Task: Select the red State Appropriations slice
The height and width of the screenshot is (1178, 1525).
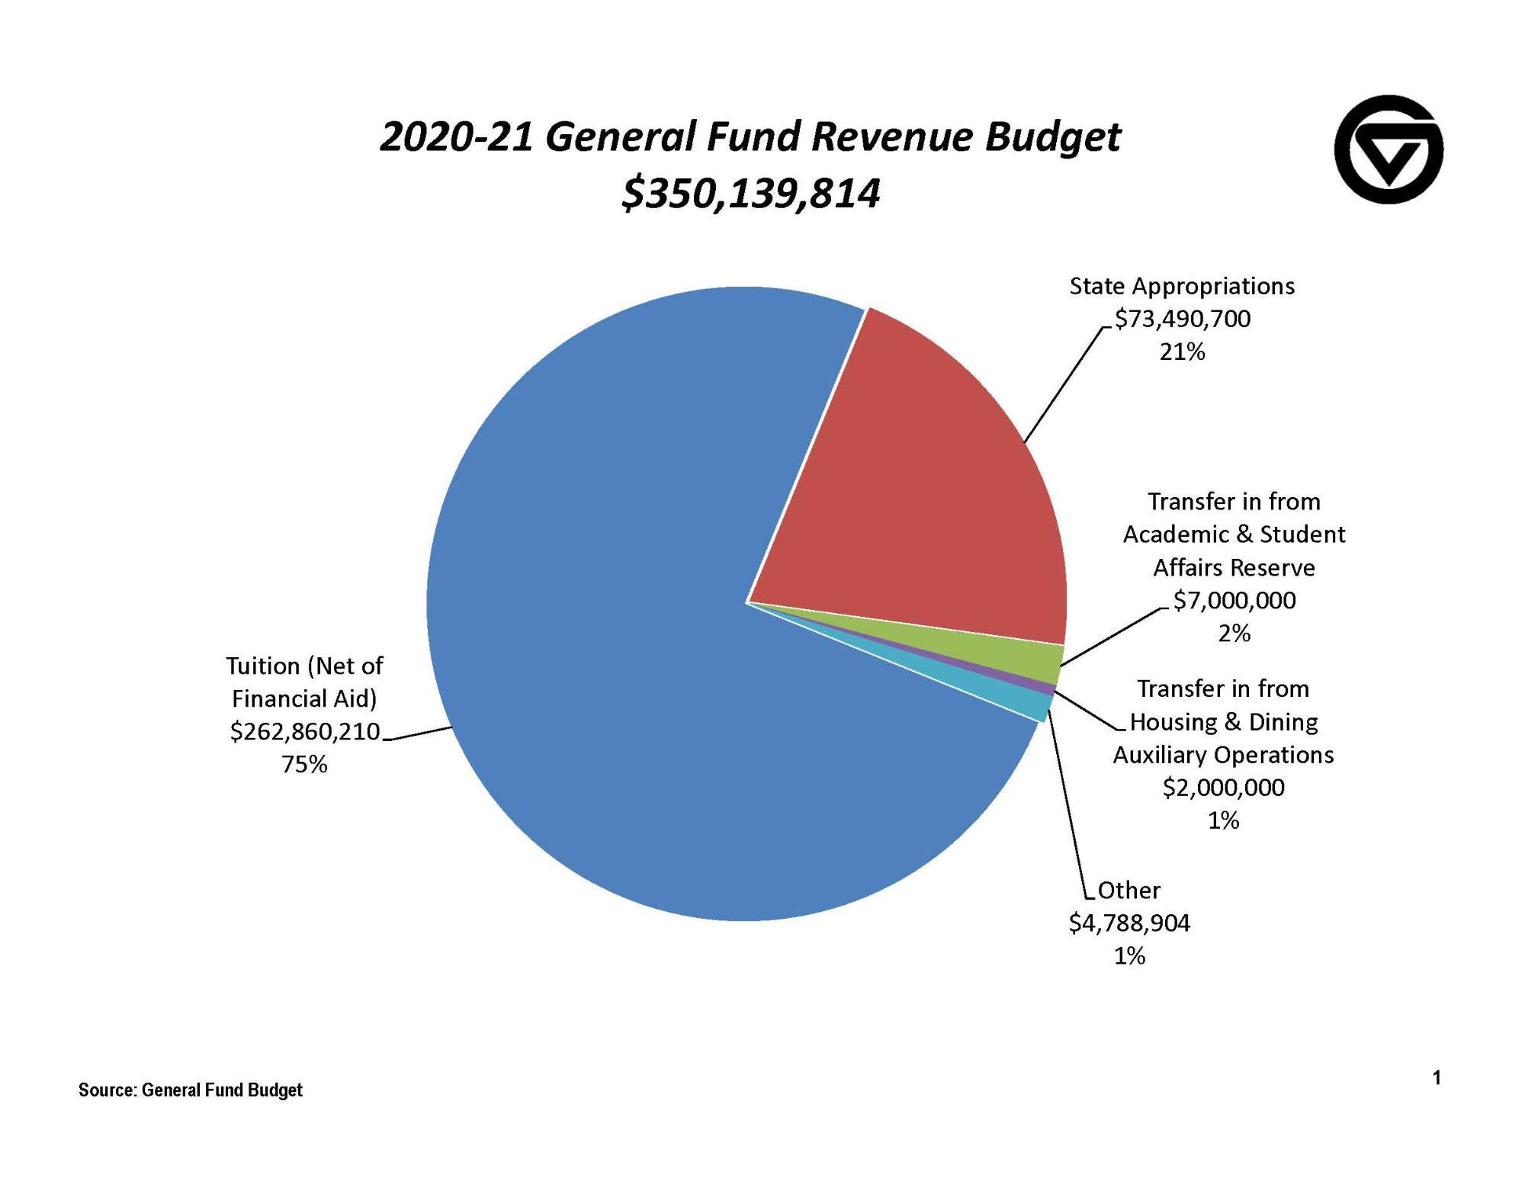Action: coord(915,496)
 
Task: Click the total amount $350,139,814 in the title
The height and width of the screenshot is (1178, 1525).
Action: coord(751,193)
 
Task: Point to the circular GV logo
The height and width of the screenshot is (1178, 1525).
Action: coord(1389,149)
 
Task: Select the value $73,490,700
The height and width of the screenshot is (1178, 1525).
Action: coord(1183,319)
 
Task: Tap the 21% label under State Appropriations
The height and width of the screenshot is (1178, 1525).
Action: coord(1182,351)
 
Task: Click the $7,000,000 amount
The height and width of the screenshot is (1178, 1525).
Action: coord(1234,601)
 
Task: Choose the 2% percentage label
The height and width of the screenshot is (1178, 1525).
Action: coord(1234,634)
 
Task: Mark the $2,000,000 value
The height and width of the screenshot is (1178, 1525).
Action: coord(1223,788)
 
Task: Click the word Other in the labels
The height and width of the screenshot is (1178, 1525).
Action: coord(1128,891)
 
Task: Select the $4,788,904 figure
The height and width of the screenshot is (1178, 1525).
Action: coord(1129,923)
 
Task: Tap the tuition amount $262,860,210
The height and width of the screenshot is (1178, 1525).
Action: coord(305,732)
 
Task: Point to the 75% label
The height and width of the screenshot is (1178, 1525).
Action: coord(304,764)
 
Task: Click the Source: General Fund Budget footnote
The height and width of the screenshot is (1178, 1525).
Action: coord(191,1090)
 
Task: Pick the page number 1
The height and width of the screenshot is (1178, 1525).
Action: coord(1437,1077)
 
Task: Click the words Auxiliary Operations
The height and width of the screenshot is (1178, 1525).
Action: coord(1223,755)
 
